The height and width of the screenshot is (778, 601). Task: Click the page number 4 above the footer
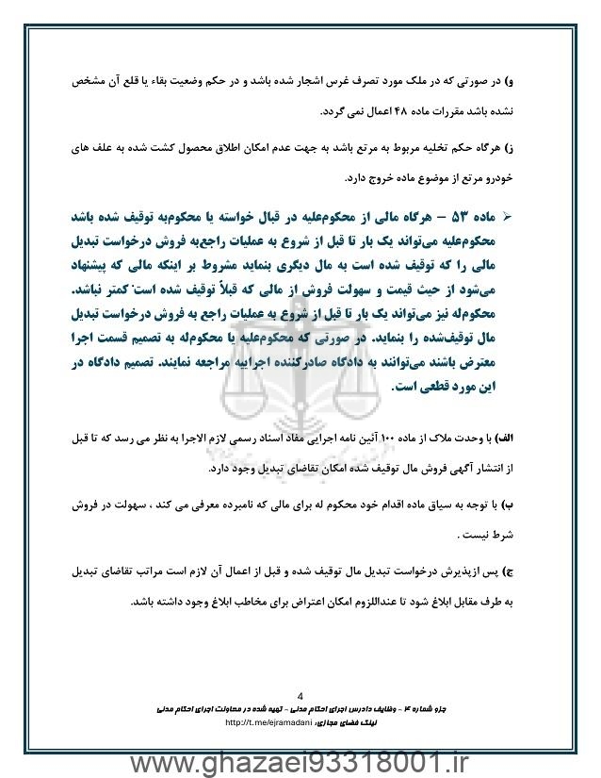coord(300,689)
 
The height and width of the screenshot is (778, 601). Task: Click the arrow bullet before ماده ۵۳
coord(533,217)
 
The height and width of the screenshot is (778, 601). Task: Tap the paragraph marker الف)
coord(522,439)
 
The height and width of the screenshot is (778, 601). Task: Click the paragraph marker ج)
coord(528,573)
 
